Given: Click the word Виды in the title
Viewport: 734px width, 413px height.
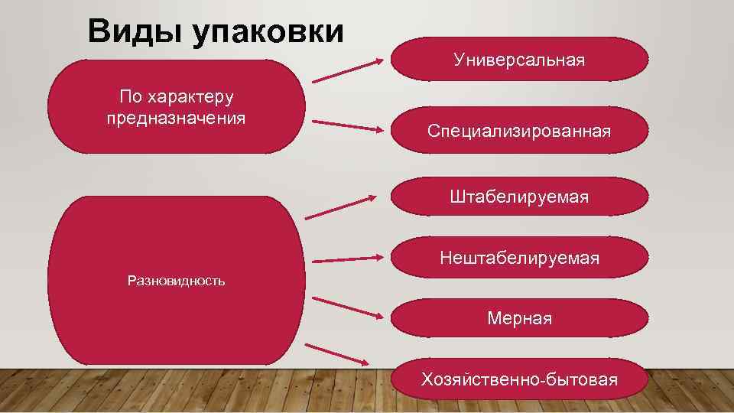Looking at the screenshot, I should pyautogui.click(x=135, y=32).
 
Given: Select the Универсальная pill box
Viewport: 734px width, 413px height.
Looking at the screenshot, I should pyautogui.click(x=519, y=60).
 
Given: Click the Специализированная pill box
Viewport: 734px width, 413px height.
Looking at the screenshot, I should pyautogui.click(x=519, y=132).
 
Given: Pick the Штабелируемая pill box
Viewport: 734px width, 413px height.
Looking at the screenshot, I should pyautogui.click(x=519, y=197).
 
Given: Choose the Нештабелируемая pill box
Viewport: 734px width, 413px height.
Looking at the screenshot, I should pyautogui.click(x=519, y=259).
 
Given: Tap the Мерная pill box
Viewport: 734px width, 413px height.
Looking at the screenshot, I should pyautogui.click(x=519, y=318).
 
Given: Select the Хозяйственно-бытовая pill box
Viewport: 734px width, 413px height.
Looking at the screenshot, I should pyautogui.click(x=519, y=379).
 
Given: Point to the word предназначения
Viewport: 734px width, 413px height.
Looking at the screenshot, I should pyautogui.click(x=177, y=118).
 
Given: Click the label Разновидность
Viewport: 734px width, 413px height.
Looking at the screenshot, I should pyautogui.click(x=177, y=281).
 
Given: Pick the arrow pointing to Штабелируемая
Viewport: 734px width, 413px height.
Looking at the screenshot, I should pyautogui.click(x=342, y=206).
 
